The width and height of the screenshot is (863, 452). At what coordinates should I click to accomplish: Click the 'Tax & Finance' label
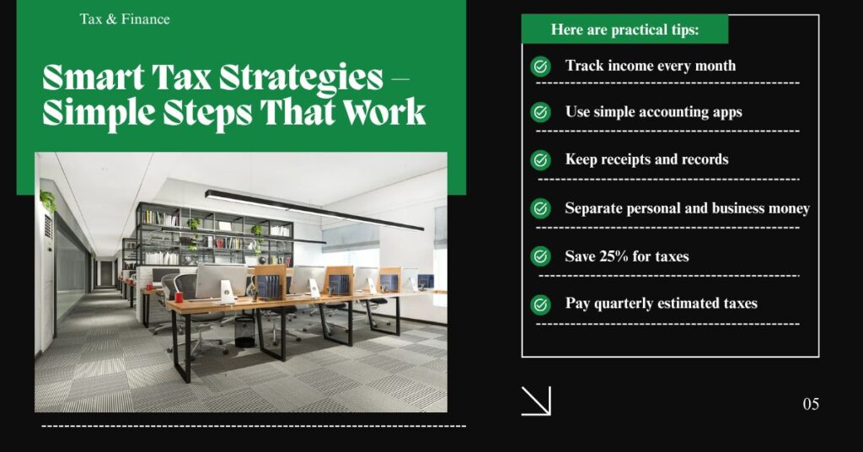coord(125,19)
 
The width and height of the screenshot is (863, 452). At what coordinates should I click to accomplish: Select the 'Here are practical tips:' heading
coord(624,30)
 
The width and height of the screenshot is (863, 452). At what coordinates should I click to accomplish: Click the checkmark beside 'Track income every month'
coord(540,67)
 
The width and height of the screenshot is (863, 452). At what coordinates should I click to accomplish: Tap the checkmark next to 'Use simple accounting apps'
coord(540,112)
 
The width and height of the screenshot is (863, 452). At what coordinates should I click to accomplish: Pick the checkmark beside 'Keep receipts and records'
coord(540,159)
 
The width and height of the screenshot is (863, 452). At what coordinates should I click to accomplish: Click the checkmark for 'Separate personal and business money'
coord(540,208)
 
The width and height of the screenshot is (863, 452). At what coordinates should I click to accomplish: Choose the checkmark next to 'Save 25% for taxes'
coord(540,256)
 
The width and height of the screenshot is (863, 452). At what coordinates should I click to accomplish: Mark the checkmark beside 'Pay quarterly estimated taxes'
coord(540,304)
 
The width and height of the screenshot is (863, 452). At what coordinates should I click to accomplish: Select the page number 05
coord(811,405)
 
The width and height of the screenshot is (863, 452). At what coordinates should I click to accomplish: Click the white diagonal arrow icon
coord(536,401)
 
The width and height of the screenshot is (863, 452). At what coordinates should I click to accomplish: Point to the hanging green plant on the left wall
coord(47,201)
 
